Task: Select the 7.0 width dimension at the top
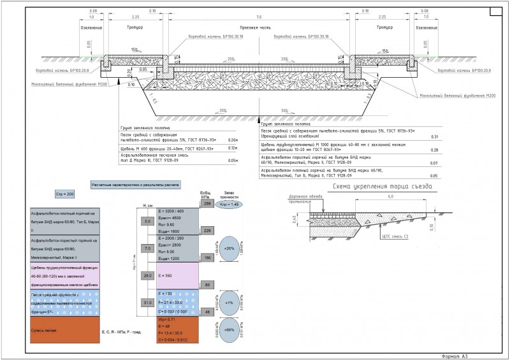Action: coord(259,16)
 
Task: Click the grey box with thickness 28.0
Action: coord(148,276)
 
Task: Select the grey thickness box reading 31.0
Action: coord(148,302)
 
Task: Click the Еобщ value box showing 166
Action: coord(207,257)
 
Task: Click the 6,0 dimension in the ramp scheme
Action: coord(390,197)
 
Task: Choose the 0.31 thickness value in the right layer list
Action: coord(435,137)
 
